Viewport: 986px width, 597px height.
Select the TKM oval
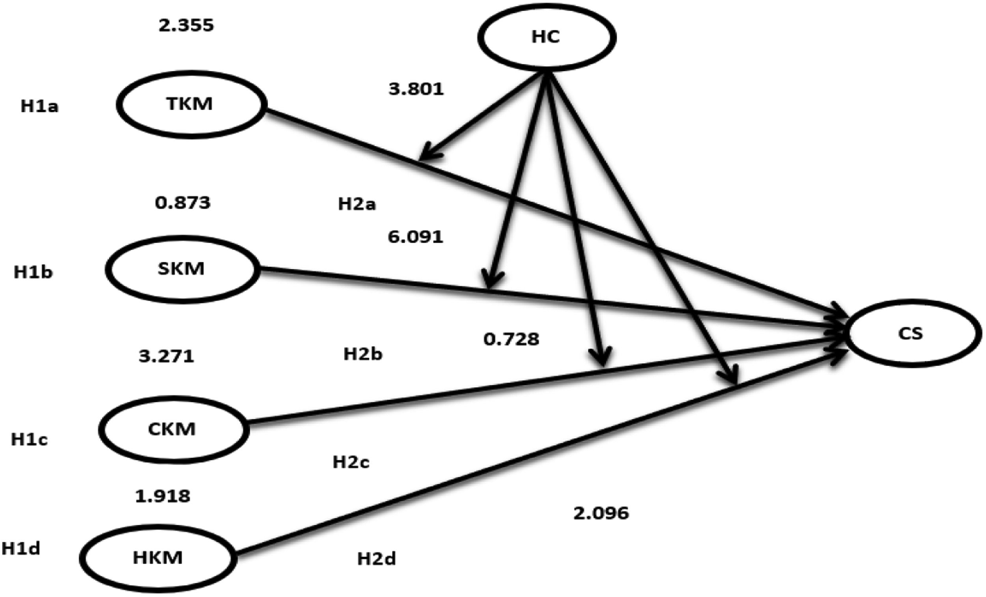pos(191,105)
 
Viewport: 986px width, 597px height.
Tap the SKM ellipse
pos(182,269)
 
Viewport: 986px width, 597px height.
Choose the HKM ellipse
pos(158,558)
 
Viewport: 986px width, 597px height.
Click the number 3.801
pos(416,89)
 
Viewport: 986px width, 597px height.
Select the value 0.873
pos(183,203)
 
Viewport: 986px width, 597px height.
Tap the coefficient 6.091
pos(415,237)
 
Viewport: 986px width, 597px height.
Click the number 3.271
pos(166,356)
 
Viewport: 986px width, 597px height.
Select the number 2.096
pos(601,513)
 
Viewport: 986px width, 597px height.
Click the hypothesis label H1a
pos(39,107)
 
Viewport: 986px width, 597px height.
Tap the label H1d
pos(21,549)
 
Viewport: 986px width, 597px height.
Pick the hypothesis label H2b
pos(363,354)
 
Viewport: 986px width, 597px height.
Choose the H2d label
pos(377,559)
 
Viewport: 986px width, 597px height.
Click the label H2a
pos(357,205)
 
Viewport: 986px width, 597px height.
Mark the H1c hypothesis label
pos(29,440)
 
